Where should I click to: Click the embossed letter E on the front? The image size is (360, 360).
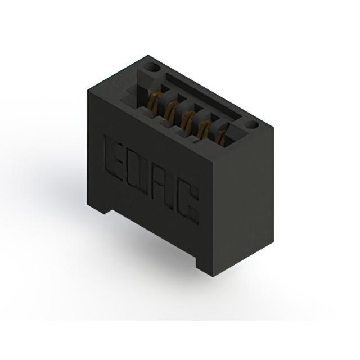(115, 159)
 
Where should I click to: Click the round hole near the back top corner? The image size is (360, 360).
(153, 67)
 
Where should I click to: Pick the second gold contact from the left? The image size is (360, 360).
(170, 110)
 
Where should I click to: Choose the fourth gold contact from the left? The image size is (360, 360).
(204, 129)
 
